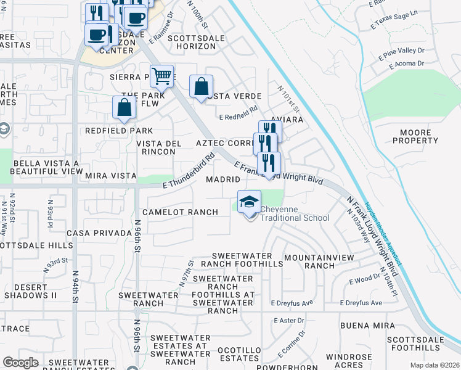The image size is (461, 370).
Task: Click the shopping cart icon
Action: (x=161, y=76)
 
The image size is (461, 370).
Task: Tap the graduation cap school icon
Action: (x=249, y=202)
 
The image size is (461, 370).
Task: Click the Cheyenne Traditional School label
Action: (x=294, y=213)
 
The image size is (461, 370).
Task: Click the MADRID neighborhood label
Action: (x=222, y=179)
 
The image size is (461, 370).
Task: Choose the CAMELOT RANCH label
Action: (x=180, y=212)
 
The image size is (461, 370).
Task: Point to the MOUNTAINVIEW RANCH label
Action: (x=311, y=261)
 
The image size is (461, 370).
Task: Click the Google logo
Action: (x=20, y=363)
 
